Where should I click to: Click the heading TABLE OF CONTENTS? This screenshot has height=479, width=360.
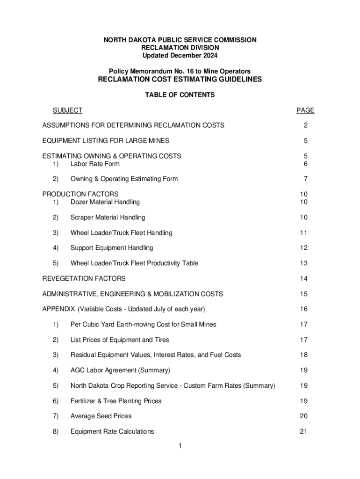click(180, 95)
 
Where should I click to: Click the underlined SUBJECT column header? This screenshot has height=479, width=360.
click(67, 110)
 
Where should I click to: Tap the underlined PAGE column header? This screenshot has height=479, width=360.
click(305, 110)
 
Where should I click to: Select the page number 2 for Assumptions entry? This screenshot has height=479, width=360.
click(305, 125)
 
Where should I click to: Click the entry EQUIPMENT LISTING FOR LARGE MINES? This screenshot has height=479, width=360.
click(106, 141)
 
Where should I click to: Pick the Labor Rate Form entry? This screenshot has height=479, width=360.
click(95, 164)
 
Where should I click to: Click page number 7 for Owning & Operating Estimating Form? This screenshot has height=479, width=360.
click(305, 179)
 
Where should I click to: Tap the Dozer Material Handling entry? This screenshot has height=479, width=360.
click(105, 202)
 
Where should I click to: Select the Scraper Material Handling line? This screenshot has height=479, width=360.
click(108, 218)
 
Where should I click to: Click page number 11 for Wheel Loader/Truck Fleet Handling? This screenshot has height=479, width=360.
click(304, 233)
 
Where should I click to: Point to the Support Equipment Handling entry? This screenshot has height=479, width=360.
click(111, 248)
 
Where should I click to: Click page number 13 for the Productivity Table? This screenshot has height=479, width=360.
click(304, 263)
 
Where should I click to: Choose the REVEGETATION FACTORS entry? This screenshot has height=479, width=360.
click(84, 279)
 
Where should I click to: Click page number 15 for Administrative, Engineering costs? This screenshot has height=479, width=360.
click(304, 294)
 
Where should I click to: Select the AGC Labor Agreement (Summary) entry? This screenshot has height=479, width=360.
click(120, 370)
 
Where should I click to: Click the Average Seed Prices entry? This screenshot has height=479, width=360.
click(101, 416)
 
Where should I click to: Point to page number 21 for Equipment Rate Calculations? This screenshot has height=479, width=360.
click(304, 431)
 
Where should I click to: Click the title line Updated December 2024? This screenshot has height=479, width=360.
click(180, 56)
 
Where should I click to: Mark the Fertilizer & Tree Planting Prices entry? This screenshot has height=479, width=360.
click(122, 401)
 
